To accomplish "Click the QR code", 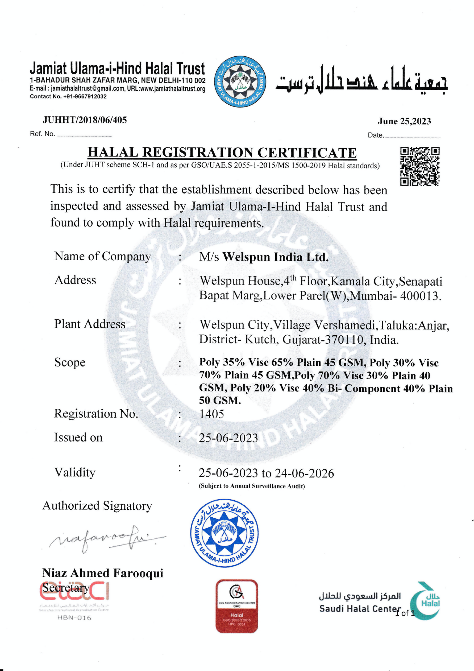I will [420, 166].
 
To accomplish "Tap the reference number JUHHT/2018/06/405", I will [85, 120].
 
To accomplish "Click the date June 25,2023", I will [404, 121].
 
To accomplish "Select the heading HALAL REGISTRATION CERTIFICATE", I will [222, 152].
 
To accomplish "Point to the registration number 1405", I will [211, 414].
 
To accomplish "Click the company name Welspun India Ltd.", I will [275, 257].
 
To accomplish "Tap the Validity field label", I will [75, 472].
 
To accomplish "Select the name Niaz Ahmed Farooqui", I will [103, 573].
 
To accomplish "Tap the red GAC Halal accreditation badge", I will [237, 606].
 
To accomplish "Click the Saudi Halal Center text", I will [360, 609].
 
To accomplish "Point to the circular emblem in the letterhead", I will [240, 82].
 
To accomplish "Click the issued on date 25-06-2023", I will [228, 438].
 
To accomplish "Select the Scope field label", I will [70, 362].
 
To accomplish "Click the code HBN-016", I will [74, 618].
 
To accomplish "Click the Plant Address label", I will [90, 324].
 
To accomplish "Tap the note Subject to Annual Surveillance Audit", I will [252, 486].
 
